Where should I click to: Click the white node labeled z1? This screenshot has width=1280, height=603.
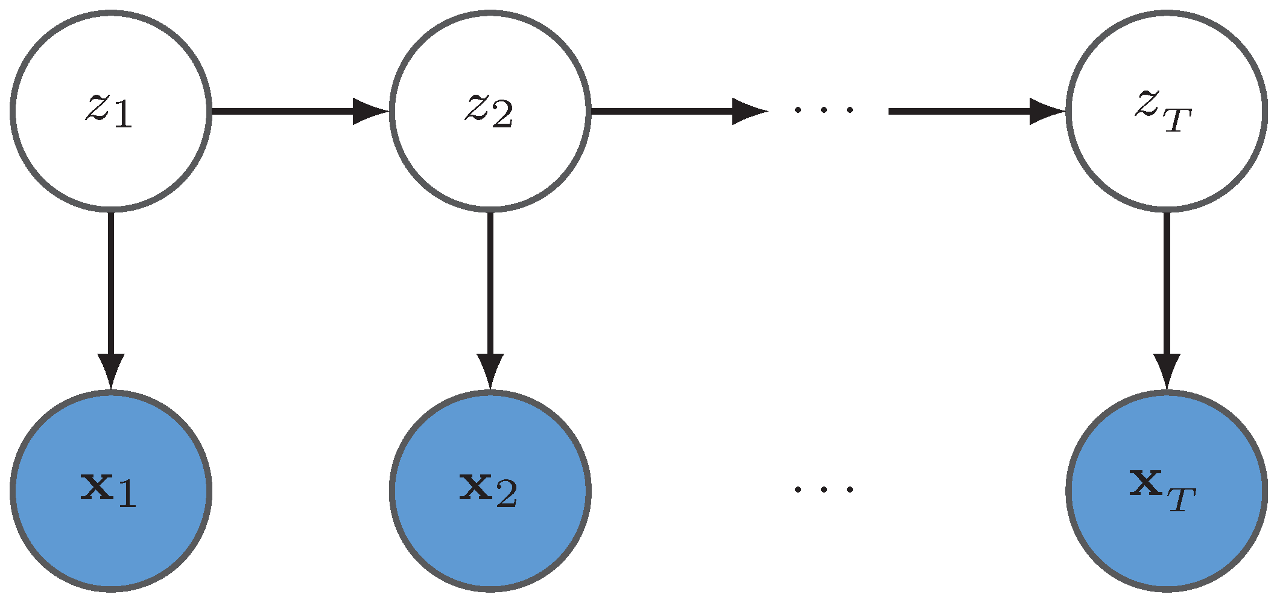click(x=110, y=111)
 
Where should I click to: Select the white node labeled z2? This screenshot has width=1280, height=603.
click(x=490, y=111)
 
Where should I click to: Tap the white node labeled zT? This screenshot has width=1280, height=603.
click(x=1166, y=111)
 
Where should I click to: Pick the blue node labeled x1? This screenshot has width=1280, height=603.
click(x=110, y=490)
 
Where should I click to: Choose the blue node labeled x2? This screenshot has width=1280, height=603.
click(x=490, y=490)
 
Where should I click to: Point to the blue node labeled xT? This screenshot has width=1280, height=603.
click(x=1166, y=490)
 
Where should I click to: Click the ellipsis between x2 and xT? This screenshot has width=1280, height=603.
click(x=823, y=489)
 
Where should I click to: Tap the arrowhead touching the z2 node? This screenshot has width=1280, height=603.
click(x=369, y=111)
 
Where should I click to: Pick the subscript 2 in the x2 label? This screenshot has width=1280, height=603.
click(x=506, y=496)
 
